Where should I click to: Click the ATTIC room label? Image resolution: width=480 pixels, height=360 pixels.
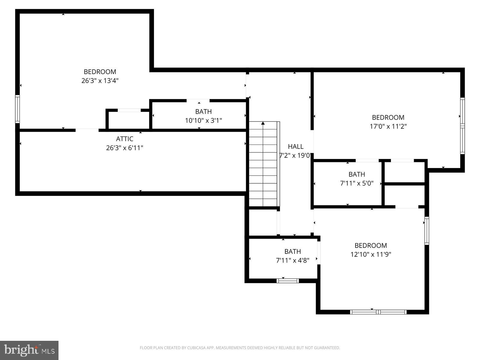coord(124,139)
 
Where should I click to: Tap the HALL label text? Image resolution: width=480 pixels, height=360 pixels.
coord(296,146)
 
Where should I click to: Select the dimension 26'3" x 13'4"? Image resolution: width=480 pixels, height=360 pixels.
coord(100,81)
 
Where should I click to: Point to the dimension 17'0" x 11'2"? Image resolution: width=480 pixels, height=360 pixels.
coord(388,126)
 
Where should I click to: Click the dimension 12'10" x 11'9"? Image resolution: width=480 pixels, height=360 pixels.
coord(371,254)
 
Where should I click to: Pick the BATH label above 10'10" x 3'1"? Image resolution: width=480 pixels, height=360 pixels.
coord(203,112)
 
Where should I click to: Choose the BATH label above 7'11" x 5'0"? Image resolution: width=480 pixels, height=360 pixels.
coord(357,174)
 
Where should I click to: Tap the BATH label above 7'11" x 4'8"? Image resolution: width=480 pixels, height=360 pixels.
coord(292,252)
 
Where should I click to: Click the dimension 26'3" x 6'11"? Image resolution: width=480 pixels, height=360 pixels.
coord(124,148)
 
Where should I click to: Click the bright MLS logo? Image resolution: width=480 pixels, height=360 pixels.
coord(29,350)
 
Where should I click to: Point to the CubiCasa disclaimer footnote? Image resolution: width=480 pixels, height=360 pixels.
coord(240,348)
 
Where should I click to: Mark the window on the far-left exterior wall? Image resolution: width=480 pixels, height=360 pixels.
coord(17,109)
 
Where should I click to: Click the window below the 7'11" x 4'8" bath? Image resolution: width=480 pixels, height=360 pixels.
coord(288,281)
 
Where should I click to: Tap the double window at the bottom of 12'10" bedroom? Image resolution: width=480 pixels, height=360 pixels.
coord(378,312)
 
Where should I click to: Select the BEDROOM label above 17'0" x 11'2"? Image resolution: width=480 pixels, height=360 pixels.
coord(388,118)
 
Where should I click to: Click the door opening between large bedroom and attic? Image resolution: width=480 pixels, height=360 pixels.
coord(87,130)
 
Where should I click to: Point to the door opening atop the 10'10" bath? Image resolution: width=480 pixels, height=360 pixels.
coord(198,101)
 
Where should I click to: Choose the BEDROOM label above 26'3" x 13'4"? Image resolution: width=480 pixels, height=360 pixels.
coord(100,72)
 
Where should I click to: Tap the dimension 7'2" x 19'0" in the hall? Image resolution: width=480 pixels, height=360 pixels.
coord(295,155)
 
